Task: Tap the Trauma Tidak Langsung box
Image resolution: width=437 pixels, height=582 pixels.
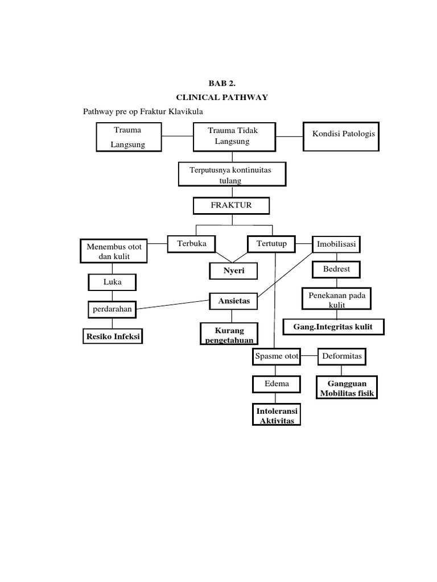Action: point(233,136)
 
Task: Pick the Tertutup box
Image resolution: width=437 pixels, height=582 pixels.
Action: point(271,244)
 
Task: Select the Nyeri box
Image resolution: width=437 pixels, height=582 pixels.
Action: point(234,271)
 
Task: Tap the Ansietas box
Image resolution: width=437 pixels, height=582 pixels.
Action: point(234,301)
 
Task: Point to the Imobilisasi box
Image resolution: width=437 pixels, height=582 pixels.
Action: point(336,245)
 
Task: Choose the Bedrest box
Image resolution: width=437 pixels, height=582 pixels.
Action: point(336,268)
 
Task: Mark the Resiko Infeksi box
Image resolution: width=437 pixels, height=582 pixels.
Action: point(113,337)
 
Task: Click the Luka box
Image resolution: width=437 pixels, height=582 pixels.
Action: point(112,281)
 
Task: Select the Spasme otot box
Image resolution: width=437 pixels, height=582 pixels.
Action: point(277,357)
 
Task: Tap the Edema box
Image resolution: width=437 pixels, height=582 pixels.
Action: point(277,384)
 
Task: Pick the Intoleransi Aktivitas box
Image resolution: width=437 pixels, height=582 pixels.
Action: point(277,415)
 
